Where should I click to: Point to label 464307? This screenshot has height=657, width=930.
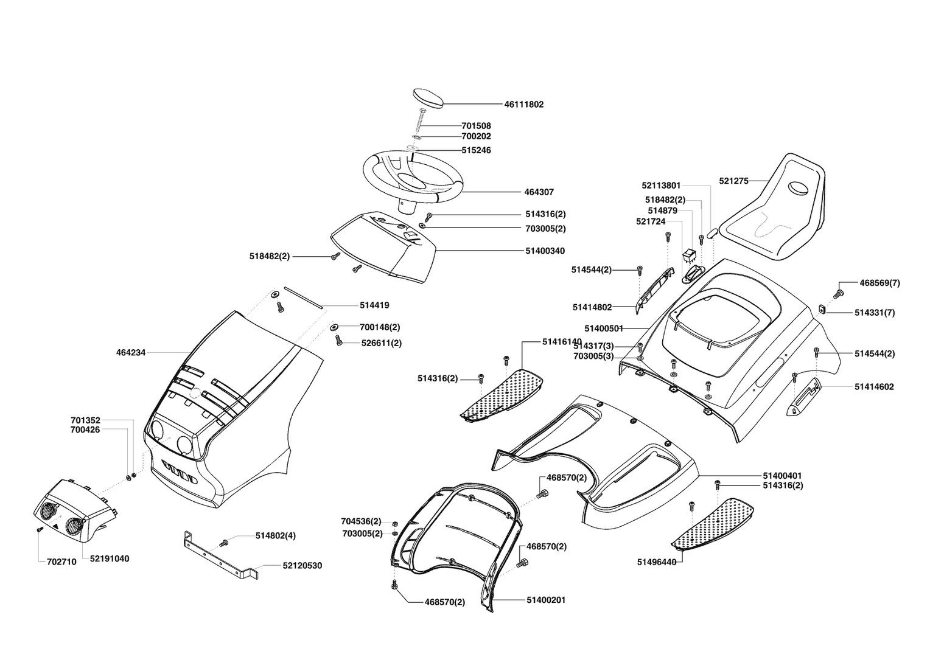tap(539, 192)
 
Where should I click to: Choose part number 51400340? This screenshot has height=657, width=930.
tap(545, 250)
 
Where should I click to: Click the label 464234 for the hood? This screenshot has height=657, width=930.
tap(131, 352)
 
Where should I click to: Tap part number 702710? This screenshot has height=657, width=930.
tap(61, 562)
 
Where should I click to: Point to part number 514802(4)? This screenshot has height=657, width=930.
tap(276, 536)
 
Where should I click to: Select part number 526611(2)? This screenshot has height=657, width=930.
tap(382, 343)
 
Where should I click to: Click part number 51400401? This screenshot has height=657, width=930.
tap(782, 475)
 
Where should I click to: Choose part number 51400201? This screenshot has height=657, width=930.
tap(546, 600)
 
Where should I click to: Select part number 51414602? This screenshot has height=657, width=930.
tap(874, 387)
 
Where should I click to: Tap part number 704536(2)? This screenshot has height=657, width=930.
tap(361, 521)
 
